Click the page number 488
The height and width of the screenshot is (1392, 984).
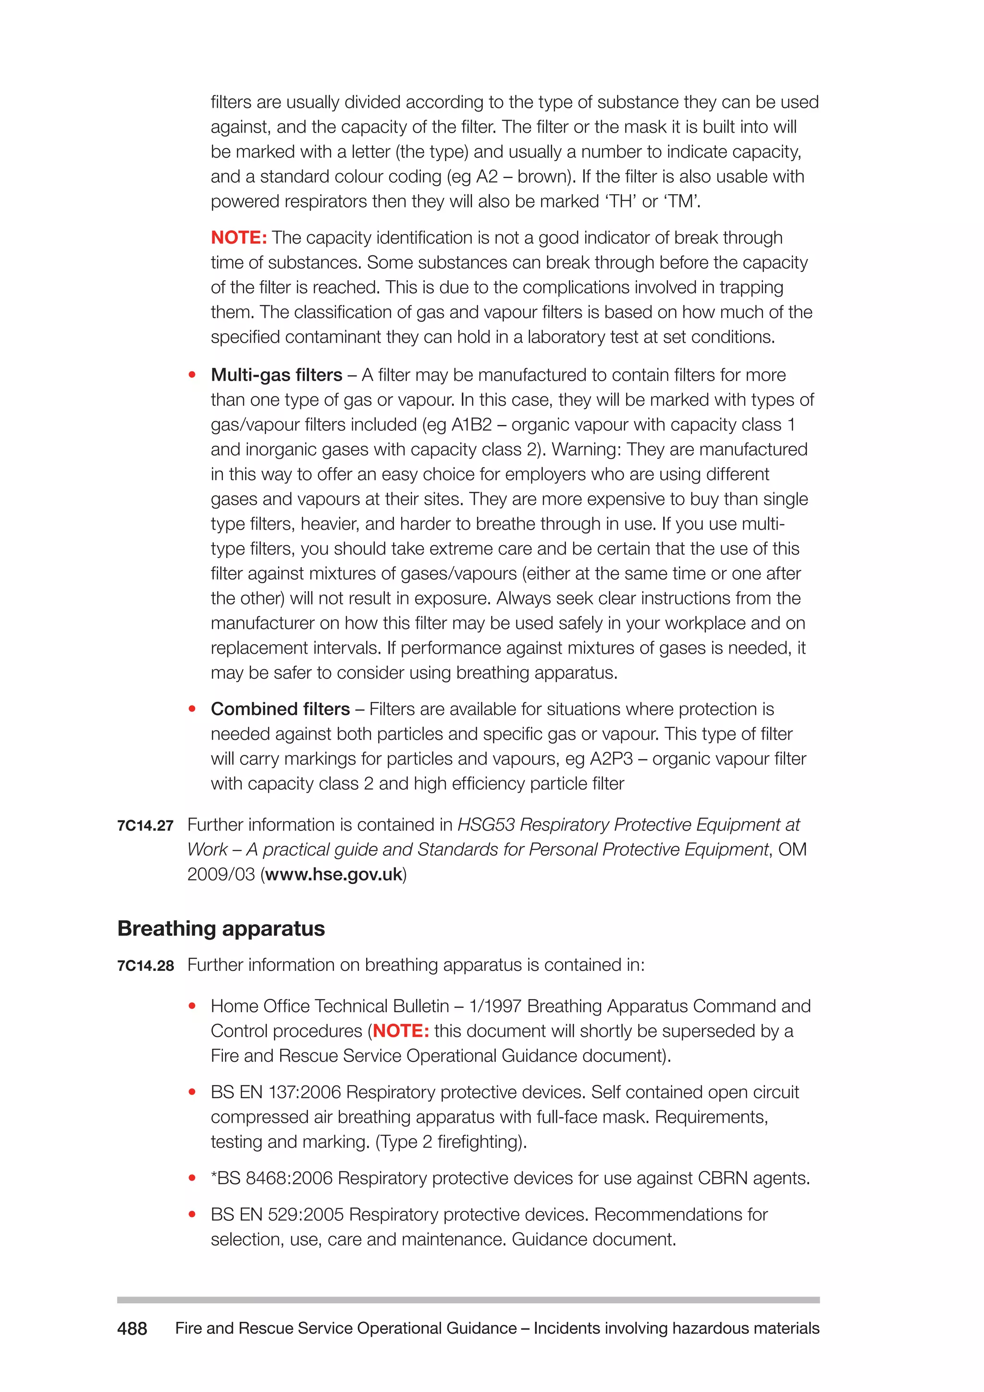tap(132, 1329)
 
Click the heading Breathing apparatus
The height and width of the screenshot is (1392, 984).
tap(221, 928)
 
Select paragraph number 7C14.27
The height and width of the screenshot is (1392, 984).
tap(146, 826)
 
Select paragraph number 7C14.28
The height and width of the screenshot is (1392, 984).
tap(146, 966)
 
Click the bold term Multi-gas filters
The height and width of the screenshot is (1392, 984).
tap(276, 375)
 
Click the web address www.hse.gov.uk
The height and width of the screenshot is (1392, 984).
tap(334, 874)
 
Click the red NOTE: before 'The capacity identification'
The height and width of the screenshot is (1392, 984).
tap(239, 237)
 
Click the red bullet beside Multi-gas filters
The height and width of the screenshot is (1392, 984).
tap(192, 375)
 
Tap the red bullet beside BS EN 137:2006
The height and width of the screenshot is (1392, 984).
tap(192, 1092)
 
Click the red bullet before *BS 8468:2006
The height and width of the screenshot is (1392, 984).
tap(192, 1178)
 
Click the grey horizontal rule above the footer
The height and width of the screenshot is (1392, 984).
tap(468, 1300)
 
